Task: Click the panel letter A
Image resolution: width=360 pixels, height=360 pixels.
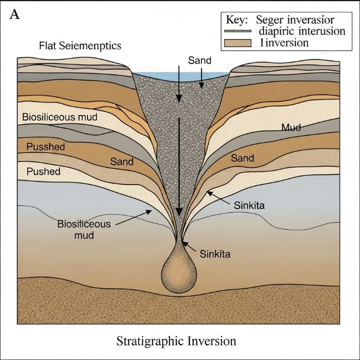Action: [15, 14]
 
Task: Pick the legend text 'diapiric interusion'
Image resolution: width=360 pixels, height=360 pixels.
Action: [302, 31]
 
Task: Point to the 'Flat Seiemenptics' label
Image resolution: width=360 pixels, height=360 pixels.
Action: [80, 46]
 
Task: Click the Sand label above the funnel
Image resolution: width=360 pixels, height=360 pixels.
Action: [200, 60]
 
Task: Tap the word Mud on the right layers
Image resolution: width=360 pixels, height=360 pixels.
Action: [291, 127]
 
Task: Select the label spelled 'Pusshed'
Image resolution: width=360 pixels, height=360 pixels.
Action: [45, 147]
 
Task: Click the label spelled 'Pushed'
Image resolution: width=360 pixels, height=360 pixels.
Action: [43, 171]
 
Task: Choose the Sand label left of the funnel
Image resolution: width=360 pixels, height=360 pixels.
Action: [122, 162]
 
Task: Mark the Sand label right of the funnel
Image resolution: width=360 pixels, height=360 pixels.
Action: [243, 158]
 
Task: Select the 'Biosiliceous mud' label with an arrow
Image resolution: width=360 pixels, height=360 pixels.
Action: [84, 229]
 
